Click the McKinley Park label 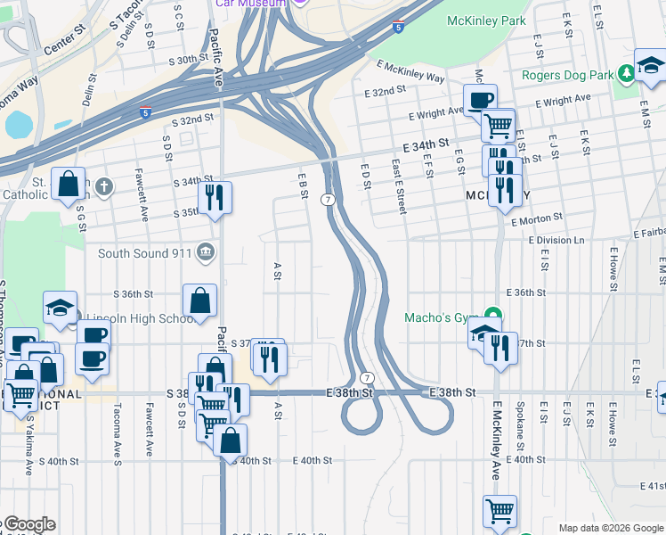point(487,21)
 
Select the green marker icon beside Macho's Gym point(491,316)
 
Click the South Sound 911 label point(144,253)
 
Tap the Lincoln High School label point(135,319)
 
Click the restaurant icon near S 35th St point(214,197)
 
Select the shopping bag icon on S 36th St point(200,301)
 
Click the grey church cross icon point(105,186)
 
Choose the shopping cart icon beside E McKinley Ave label point(500,512)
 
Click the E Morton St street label point(535,216)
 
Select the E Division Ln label point(557,241)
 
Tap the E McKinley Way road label point(410,72)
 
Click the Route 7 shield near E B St point(329,199)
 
